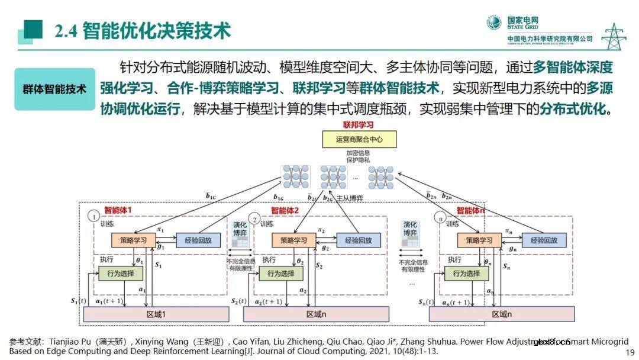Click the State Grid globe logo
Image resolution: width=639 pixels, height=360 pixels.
pyautogui.click(x=493, y=23)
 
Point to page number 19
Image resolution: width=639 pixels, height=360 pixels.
pyautogui.click(x=630, y=353)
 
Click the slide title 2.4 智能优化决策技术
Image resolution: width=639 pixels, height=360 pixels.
pyautogui.click(x=143, y=31)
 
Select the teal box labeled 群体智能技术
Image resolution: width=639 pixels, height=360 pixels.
pyautogui.click(x=54, y=89)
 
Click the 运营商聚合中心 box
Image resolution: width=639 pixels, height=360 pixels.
pyautogui.click(x=359, y=140)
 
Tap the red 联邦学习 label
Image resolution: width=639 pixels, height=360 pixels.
pyautogui.click(x=359, y=125)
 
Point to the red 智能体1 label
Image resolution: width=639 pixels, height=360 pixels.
pyautogui.click(x=118, y=210)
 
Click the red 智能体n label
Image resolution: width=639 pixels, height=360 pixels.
pyautogui.click(x=471, y=210)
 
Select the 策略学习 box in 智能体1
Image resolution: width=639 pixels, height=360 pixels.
pyautogui.click(x=133, y=240)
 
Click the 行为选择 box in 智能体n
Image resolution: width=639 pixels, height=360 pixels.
pyautogui.click(x=467, y=274)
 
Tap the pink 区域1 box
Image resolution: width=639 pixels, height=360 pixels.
pyautogui.click(x=156, y=314)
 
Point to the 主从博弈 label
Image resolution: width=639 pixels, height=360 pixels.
pyautogui.click(x=348, y=198)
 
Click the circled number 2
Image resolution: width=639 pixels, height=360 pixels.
pyautogui.click(x=255, y=218)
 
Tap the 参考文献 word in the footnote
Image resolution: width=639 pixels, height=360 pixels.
pyautogui.click(x=25, y=342)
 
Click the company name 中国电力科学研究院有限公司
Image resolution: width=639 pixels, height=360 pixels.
pyautogui.click(x=550, y=39)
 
